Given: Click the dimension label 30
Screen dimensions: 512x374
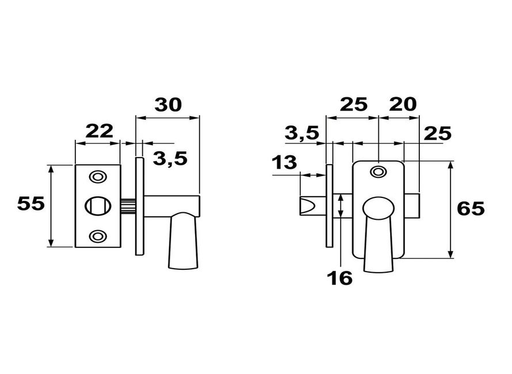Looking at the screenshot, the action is coord(168,105).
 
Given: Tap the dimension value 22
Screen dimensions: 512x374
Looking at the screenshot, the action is coord(100,131).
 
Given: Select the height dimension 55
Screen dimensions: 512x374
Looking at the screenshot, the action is coord(30,204).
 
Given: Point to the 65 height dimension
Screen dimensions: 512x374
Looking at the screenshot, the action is coord(471,209).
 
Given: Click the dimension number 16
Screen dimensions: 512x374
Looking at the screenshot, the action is coord(340,278).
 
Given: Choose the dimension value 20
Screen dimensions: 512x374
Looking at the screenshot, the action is coord(403,104).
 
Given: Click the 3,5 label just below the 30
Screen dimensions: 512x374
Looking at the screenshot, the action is coord(170,158).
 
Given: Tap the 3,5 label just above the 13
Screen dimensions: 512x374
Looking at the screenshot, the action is coord(301,133).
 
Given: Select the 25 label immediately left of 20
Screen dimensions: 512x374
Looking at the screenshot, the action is coord(354,104).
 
